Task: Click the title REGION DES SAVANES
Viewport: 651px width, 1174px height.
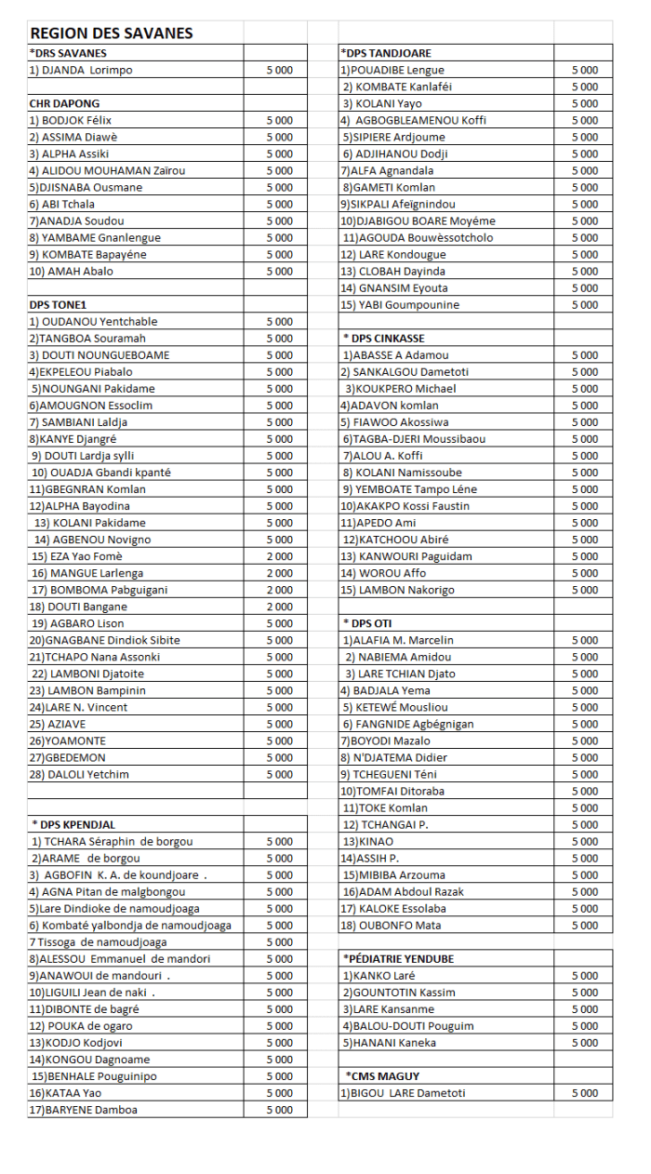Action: point(112,33)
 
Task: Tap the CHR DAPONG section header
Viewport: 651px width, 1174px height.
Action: point(64,103)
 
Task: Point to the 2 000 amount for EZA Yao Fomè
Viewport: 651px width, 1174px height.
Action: point(279,556)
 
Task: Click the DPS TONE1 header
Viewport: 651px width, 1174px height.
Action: point(58,304)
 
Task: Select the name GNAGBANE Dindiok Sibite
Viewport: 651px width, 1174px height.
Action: point(104,640)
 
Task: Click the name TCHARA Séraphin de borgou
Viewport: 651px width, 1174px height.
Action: point(112,841)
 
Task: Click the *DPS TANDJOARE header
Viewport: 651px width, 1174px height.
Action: point(386,53)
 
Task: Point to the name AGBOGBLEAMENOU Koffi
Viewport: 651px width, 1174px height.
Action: point(413,120)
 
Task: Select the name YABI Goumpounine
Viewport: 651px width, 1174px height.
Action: point(400,304)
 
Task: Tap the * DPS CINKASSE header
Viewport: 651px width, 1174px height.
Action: point(384,338)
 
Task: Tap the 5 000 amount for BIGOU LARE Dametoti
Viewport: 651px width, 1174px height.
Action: point(585,1093)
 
